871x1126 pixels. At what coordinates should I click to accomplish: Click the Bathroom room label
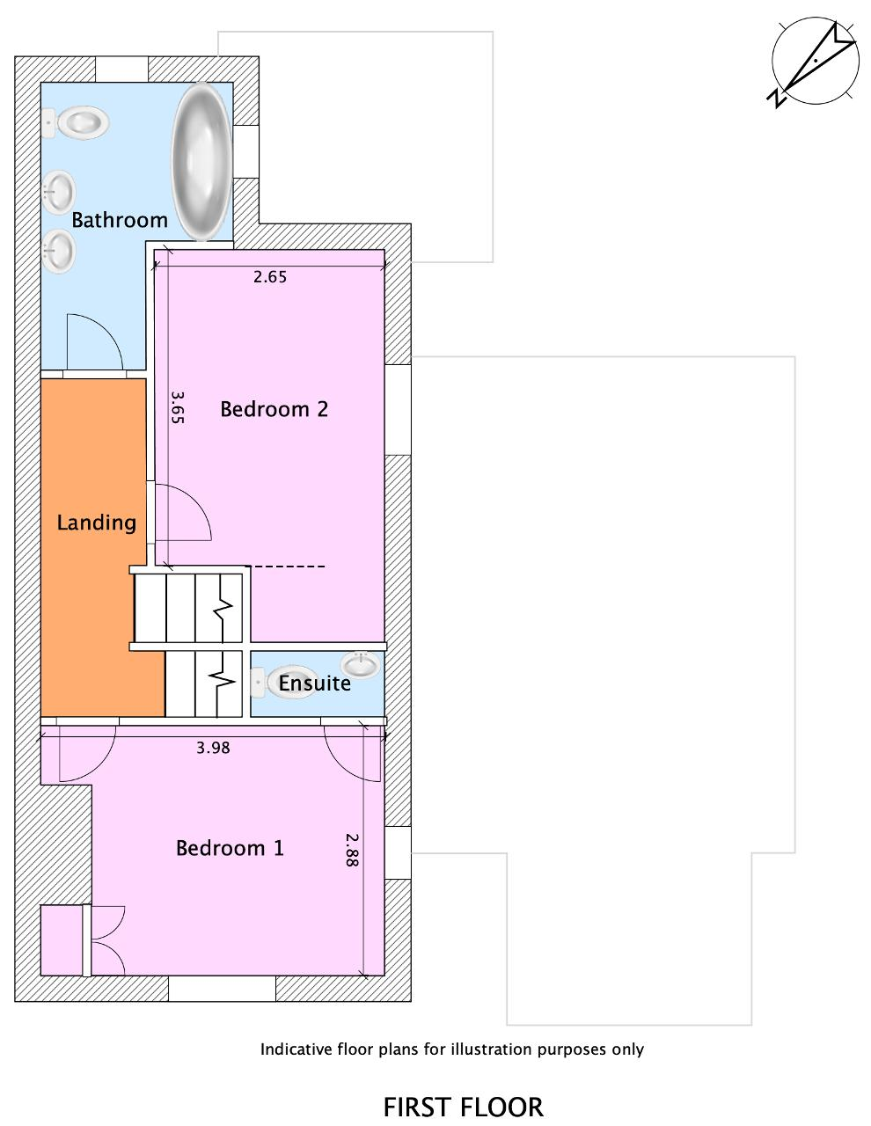(x=120, y=220)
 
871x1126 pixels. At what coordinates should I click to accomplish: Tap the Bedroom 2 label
(x=274, y=409)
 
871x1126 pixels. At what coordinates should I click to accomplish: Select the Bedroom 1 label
(x=230, y=848)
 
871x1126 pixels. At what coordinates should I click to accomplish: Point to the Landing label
(x=97, y=523)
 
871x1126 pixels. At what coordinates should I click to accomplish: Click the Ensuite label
(x=314, y=683)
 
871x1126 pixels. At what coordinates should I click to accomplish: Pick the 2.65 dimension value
(x=270, y=277)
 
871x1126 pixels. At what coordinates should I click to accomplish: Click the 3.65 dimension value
(x=178, y=407)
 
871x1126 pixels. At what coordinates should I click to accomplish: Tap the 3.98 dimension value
(x=213, y=748)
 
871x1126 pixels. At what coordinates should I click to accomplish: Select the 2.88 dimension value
(x=352, y=850)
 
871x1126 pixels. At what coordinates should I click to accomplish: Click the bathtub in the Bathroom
(x=201, y=161)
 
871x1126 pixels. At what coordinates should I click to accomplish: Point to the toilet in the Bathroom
(x=76, y=123)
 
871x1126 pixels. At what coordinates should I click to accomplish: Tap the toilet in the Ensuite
(x=283, y=683)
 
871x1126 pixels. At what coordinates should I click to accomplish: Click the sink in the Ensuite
(x=361, y=664)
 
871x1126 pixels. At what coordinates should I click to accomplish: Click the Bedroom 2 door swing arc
(x=195, y=501)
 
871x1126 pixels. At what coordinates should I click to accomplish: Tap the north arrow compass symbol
(x=814, y=62)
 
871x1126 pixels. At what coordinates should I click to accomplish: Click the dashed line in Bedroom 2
(x=285, y=567)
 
